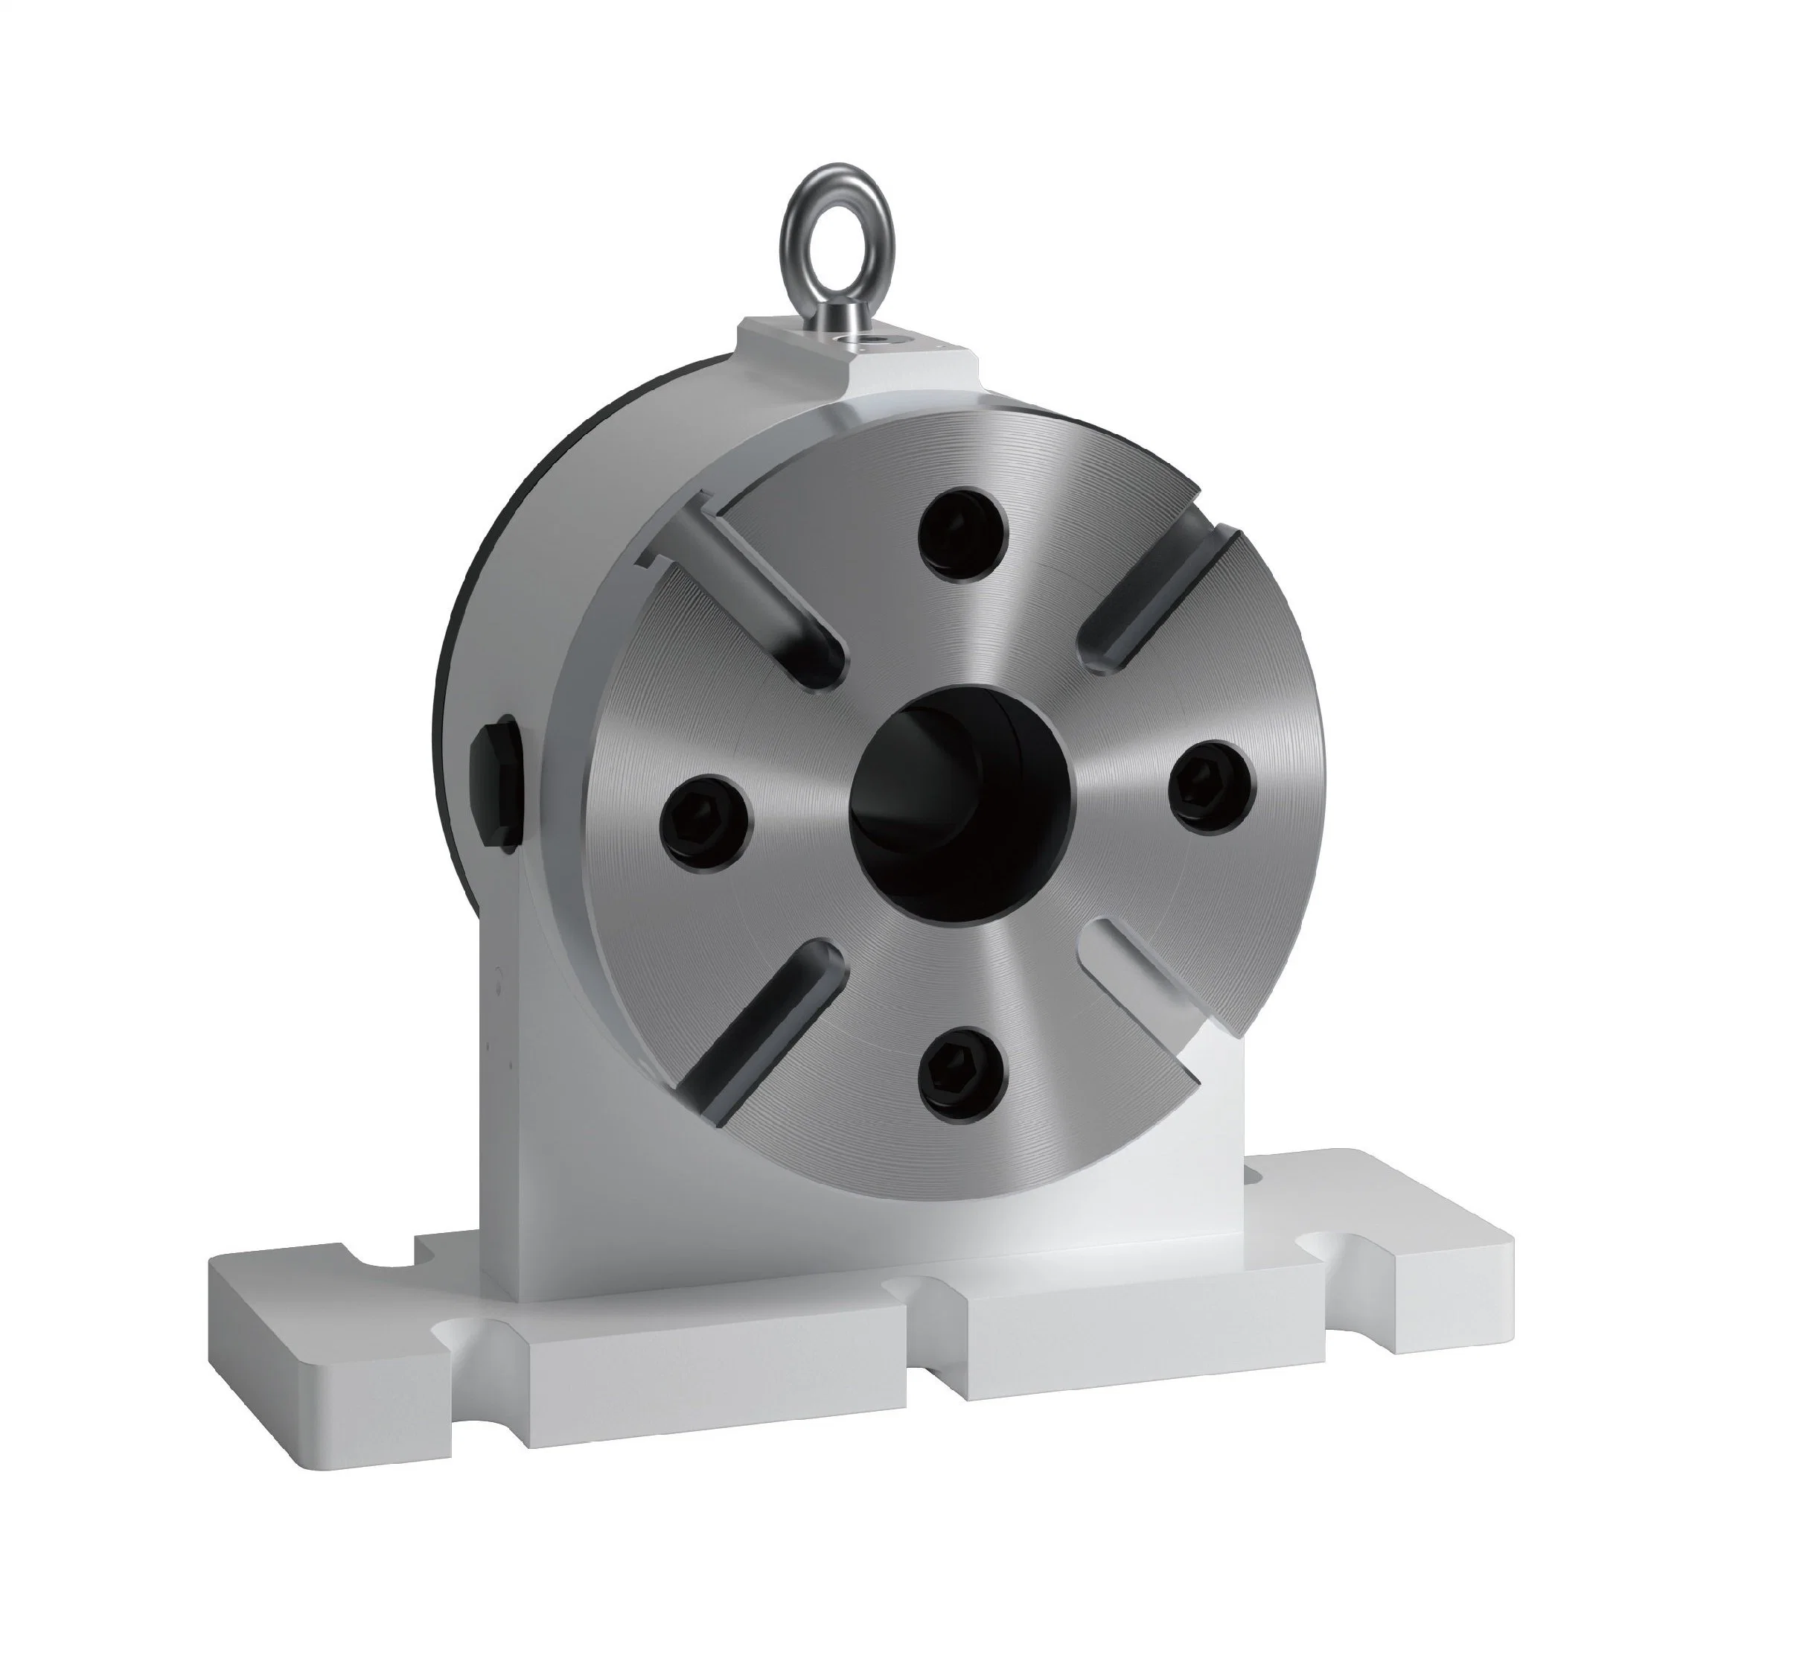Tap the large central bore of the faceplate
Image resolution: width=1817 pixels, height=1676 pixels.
click(961, 789)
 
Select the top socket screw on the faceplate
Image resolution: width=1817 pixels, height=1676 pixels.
click(962, 536)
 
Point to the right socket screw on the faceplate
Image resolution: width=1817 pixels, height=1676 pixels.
click(1210, 786)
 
